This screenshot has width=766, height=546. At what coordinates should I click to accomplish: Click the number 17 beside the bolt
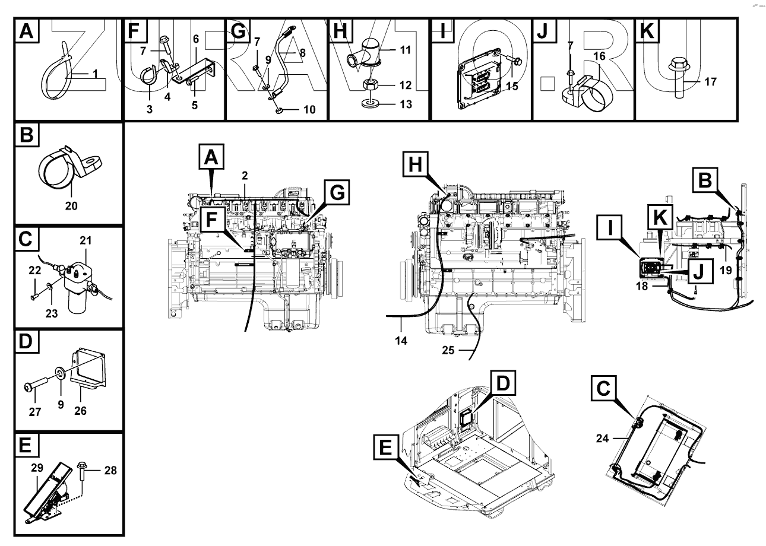coord(710,81)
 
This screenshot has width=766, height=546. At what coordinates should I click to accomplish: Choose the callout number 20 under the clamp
coord(71,209)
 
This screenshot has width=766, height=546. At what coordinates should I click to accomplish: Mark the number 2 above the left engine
coord(244,174)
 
